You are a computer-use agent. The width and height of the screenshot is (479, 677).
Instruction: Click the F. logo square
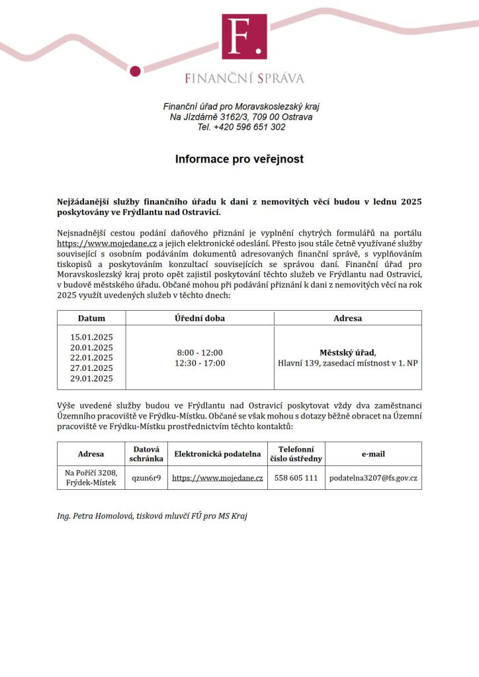tap(244, 36)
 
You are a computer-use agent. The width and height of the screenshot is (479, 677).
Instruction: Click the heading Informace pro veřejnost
tap(239, 159)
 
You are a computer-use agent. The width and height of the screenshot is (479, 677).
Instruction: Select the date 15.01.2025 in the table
tap(91, 337)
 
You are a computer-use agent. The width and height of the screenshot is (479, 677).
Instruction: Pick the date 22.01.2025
tap(91, 358)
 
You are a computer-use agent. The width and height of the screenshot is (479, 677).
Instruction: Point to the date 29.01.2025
tap(91, 379)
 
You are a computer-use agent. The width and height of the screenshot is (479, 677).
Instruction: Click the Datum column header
tap(91, 318)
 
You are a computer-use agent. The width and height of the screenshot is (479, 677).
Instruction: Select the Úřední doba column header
tap(199, 318)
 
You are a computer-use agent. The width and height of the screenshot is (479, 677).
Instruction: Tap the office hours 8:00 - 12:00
tap(199, 352)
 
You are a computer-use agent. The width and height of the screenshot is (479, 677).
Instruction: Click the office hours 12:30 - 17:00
tap(199, 363)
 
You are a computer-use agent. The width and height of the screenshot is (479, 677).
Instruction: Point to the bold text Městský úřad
tap(347, 352)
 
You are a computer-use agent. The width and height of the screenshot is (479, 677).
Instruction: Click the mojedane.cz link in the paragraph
tap(107, 243)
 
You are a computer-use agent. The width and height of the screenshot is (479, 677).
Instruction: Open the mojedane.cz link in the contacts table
tap(217, 477)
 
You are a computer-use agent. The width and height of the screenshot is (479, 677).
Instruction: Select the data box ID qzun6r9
tap(146, 477)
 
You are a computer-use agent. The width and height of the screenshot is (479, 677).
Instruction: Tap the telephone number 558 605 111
tap(296, 477)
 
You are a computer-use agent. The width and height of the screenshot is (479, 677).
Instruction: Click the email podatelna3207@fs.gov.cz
tap(373, 477)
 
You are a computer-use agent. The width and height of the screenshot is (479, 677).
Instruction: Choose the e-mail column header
tap(373, 454)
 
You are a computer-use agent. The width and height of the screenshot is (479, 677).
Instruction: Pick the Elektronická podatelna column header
tap(217, 454)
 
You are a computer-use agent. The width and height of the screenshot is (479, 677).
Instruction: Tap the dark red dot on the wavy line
tap(135, 71)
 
